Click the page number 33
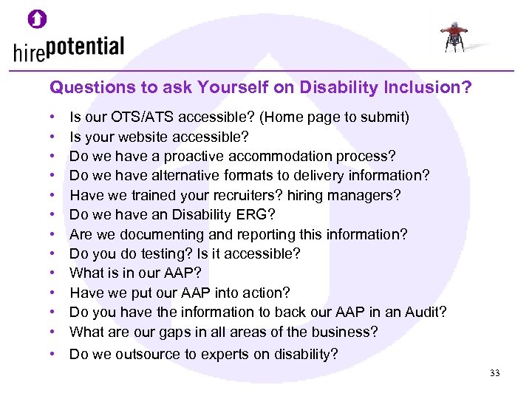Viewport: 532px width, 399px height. click(494, 373)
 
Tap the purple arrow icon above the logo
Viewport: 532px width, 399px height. click(37, 18)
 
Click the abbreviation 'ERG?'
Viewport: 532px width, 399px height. click(262, 215)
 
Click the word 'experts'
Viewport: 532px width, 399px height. click(225, 354)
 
